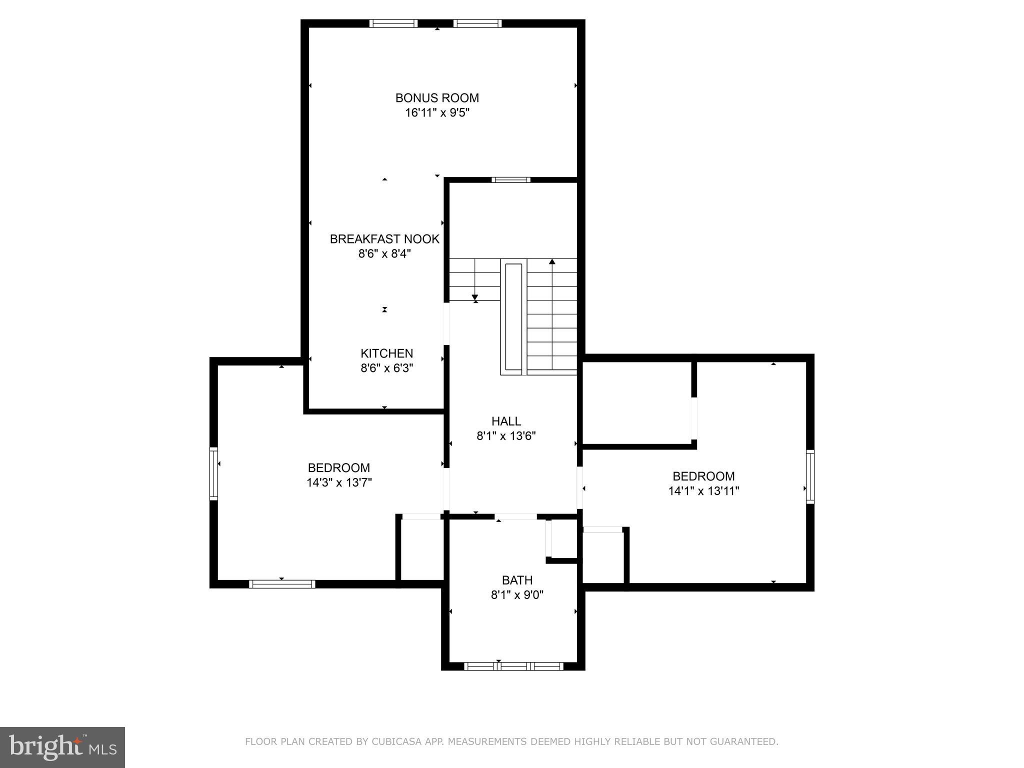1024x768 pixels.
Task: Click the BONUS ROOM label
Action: (437, 98)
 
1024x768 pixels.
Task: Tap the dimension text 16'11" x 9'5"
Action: (437, 113)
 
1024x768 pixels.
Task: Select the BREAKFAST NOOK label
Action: (384, 239)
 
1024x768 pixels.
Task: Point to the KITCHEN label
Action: (387, 353)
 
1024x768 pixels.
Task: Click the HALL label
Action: (506, 421)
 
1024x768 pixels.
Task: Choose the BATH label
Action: (517, 580)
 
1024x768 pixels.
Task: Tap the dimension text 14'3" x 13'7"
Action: (339, 483)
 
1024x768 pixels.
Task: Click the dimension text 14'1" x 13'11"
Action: (703, 491)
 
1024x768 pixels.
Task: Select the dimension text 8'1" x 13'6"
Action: (506, 436)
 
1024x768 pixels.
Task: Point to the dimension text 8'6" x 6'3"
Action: (387, 368)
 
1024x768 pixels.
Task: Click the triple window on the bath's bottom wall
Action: (513, 666)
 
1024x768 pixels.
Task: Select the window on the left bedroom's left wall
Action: (213, 473)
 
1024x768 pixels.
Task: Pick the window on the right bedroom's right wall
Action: (810, 476)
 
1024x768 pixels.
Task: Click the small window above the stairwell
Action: (510, 180)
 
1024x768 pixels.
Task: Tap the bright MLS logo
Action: (62, 747)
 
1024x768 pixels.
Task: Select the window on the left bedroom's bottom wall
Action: (282, 584)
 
